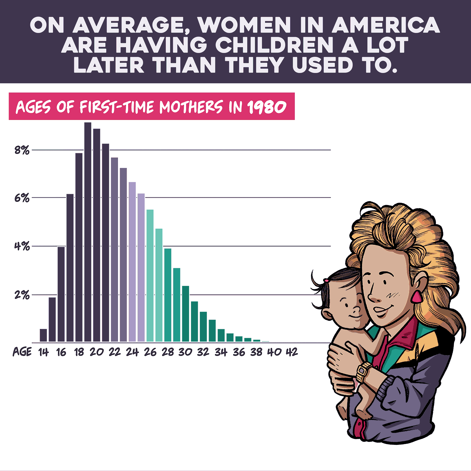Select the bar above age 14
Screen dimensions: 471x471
tap(43, 335)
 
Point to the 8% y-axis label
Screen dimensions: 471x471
tap(22, 150)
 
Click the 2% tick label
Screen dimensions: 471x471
tap(22, 295)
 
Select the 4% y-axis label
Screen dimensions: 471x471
tap(22, 246)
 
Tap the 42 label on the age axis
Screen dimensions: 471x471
tap(292, 352)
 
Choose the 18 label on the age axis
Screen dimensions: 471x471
tap(79, 352)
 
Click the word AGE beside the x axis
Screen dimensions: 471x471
tap(22, 352)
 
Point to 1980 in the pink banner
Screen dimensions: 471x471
tap(267, 107)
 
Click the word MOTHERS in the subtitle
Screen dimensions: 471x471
tap(191, 107)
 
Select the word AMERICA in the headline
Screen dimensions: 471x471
tap(386, 25)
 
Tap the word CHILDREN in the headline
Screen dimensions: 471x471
tap(274, 45)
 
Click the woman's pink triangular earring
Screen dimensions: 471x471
tap(417, 297)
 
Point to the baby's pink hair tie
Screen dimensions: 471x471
tap(326, 280)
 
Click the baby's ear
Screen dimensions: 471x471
tap(326, 314)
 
